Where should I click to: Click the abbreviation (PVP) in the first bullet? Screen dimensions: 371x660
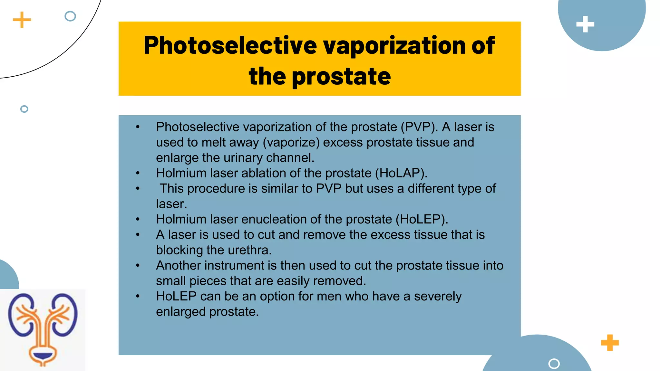[419, 127]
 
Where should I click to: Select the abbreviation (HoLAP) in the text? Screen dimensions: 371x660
[401, 173]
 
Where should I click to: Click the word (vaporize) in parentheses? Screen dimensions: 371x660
[291, 143]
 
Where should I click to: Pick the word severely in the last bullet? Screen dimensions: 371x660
[438, 296]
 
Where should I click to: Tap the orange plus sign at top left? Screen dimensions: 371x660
[22, 20]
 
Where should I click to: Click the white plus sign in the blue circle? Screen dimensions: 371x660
[585, 24]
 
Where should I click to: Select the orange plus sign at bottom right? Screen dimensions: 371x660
[610, 343]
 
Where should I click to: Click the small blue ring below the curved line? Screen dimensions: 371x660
[24, 109]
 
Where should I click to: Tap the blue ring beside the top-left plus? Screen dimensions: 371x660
[70, 16]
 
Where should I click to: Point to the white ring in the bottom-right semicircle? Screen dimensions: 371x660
[554, 364]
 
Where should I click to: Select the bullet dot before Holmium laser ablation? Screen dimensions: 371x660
[138, 174]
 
